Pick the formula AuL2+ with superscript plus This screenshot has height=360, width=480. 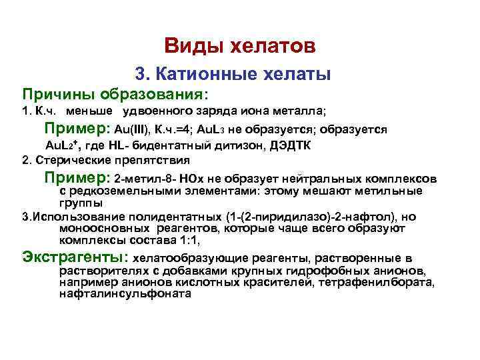63,145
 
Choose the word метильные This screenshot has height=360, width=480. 393,191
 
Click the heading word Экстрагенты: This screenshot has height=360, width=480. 75,257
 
